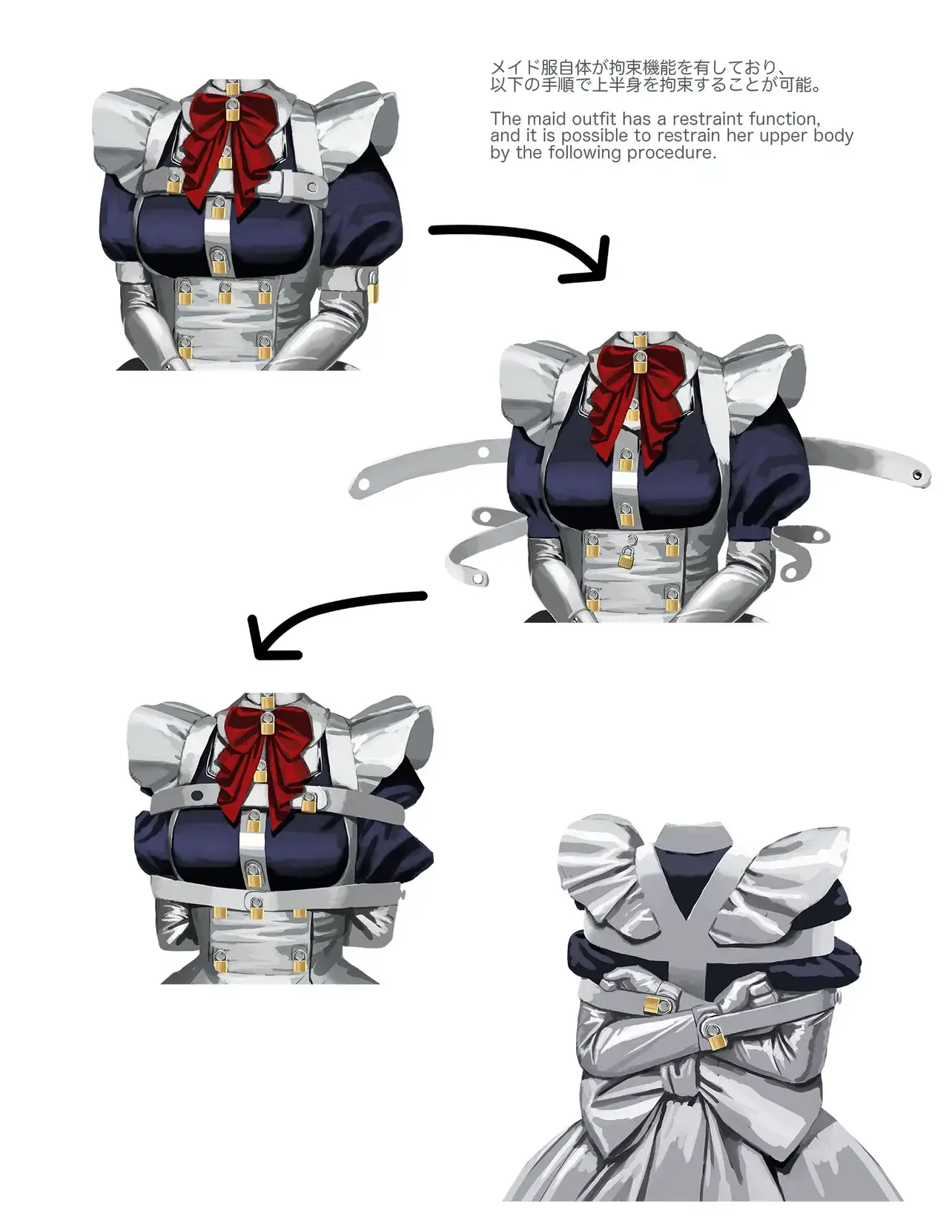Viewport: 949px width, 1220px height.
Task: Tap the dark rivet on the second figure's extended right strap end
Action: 917,475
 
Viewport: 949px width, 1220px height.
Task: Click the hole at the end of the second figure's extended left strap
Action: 363,483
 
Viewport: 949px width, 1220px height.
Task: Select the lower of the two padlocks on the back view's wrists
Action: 715,1036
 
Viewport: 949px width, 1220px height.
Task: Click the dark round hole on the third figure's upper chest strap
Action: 197,796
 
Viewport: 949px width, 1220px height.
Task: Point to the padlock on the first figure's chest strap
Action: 173,182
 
